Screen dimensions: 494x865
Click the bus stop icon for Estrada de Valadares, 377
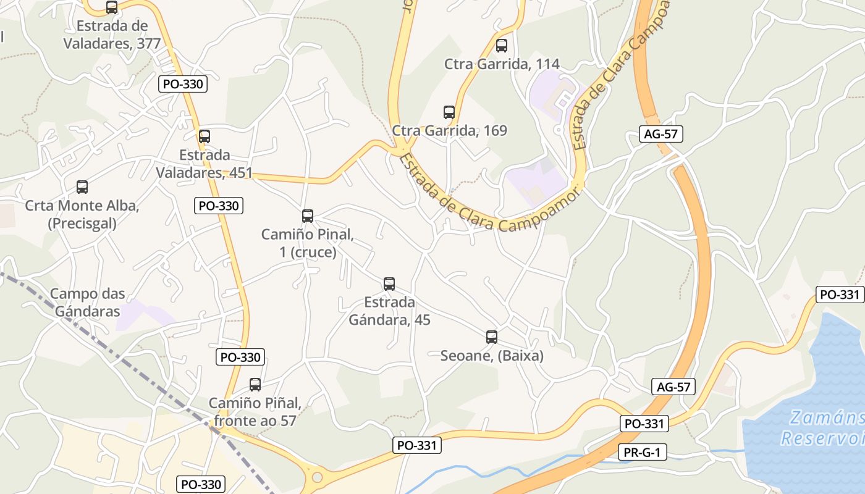click(112, 7)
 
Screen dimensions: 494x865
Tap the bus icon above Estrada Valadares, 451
click(205, 136)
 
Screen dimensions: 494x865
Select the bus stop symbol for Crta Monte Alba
click(82, 186)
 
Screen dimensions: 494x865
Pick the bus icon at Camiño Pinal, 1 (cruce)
click(308, 216)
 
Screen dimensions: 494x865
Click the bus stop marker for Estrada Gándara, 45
click(389, 284)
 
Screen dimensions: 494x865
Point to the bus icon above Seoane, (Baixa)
click(492, 337)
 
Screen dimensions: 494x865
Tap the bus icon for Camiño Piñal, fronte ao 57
click(255, 385)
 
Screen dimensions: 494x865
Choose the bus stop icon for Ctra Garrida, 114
click(502, 46)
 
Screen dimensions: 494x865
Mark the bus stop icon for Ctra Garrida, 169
click(449, 112)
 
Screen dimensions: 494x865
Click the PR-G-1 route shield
click(643, 453)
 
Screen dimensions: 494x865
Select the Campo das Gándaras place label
click(88, 303)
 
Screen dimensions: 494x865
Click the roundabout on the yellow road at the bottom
click(317, 477)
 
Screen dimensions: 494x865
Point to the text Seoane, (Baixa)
click(492, 356)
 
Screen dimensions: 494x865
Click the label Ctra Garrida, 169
click(450, 131)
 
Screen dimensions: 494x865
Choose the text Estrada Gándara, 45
click(389, 311)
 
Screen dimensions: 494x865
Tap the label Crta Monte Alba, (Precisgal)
click(82, 214)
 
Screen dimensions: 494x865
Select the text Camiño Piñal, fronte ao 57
click(255, 412)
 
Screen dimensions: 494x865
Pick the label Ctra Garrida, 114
click(502, 64)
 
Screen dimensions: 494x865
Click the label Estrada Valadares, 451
click(205, 164)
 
